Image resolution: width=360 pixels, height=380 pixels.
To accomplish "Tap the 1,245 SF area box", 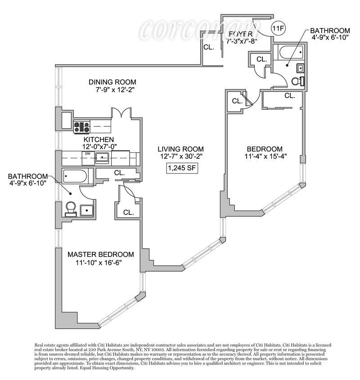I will (181, 169).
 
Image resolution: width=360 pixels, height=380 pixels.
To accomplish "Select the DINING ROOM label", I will (112, 82).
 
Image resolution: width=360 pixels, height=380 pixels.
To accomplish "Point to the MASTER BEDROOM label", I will (101, 254).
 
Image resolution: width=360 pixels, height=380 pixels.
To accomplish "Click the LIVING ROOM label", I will (180, 149).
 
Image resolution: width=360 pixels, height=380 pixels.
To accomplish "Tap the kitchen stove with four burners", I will (82, 127).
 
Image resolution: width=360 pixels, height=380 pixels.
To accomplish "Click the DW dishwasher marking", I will (86, 154).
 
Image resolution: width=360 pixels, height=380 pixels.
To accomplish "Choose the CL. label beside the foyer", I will (208, 47).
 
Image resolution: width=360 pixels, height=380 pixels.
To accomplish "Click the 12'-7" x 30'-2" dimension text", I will (180, 156).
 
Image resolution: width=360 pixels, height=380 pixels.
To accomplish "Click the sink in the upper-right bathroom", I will (300, 68).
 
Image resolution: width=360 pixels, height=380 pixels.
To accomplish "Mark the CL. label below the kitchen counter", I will (119, 172).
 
